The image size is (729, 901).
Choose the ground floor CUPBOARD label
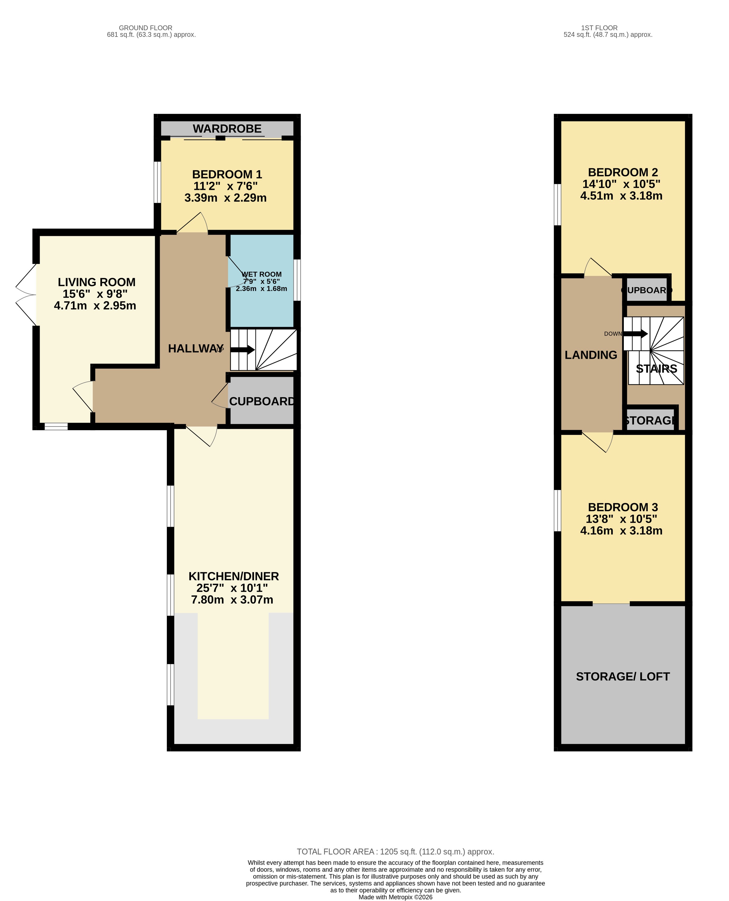point(262,401)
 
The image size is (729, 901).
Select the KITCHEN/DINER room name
point(233,576)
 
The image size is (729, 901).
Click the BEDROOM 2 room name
point(623,173)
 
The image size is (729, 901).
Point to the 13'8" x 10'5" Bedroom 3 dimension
point(621,519)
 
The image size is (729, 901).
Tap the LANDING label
point(591,355)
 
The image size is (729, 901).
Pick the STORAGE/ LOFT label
point(623,677)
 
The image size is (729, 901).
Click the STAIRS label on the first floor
point(656,369)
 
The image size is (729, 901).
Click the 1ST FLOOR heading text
point(599,28)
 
